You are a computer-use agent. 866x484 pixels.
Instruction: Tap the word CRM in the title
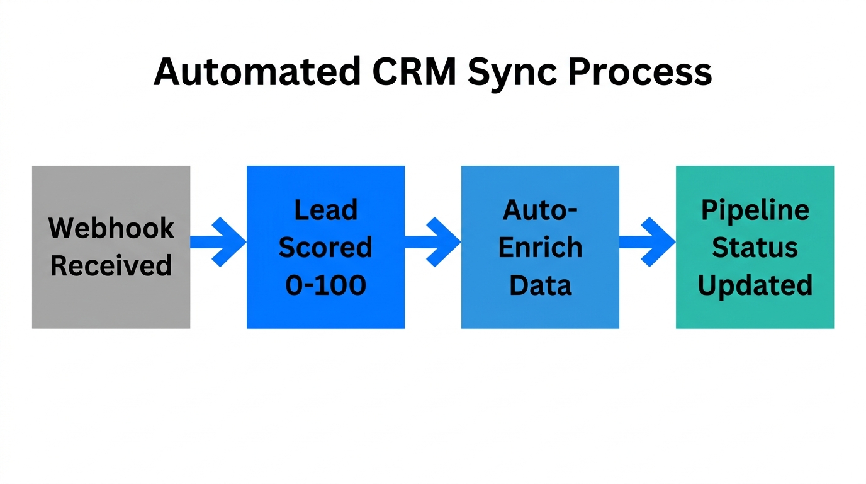413,72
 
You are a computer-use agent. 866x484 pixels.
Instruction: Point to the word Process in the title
640,72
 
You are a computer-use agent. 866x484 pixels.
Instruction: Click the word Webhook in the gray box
111,228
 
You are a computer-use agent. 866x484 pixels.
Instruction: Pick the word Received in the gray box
111,265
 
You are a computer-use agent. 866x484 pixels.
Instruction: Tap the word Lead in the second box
325,209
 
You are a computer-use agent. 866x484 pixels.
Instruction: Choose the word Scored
325,247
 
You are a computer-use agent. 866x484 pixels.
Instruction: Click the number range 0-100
325,285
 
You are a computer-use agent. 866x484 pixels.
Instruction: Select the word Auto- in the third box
540,209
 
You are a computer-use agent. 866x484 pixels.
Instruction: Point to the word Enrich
540,247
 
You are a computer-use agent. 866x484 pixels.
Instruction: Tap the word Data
540,285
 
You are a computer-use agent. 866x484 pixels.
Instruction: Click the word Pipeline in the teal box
755,209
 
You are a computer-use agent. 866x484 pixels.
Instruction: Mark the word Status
755,247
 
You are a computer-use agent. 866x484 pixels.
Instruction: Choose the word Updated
755,285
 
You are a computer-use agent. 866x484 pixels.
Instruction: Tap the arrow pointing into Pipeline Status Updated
648,242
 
